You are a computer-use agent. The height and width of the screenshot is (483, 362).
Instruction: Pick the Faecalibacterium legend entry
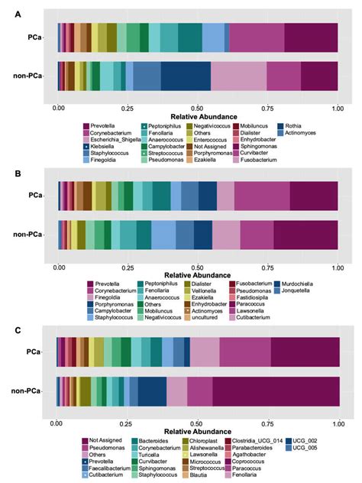(x=109, y=469)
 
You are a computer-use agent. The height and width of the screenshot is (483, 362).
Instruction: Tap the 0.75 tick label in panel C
(x=269, y=423)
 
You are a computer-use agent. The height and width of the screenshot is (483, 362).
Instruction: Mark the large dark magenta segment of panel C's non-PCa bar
(x=275, y=391)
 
